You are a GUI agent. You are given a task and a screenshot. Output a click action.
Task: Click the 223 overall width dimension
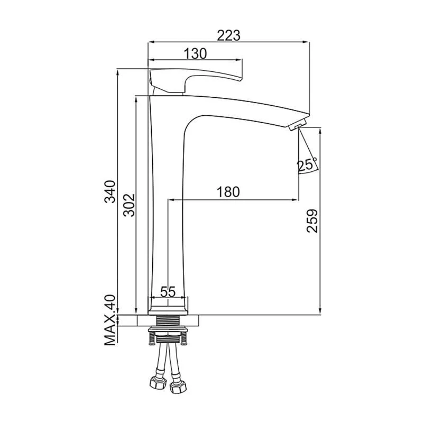228,35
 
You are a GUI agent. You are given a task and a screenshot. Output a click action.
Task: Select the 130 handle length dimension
195,54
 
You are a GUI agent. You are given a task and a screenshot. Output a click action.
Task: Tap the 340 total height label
111,191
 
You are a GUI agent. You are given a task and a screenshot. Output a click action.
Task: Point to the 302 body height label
129,205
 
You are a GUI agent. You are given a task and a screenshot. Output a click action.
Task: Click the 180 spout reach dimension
228,192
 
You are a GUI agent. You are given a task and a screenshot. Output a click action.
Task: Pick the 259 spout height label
312,221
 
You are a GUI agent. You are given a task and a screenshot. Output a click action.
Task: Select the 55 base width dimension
168,292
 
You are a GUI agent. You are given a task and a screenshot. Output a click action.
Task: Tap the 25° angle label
307,165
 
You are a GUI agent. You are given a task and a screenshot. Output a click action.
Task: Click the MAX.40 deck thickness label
110,320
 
